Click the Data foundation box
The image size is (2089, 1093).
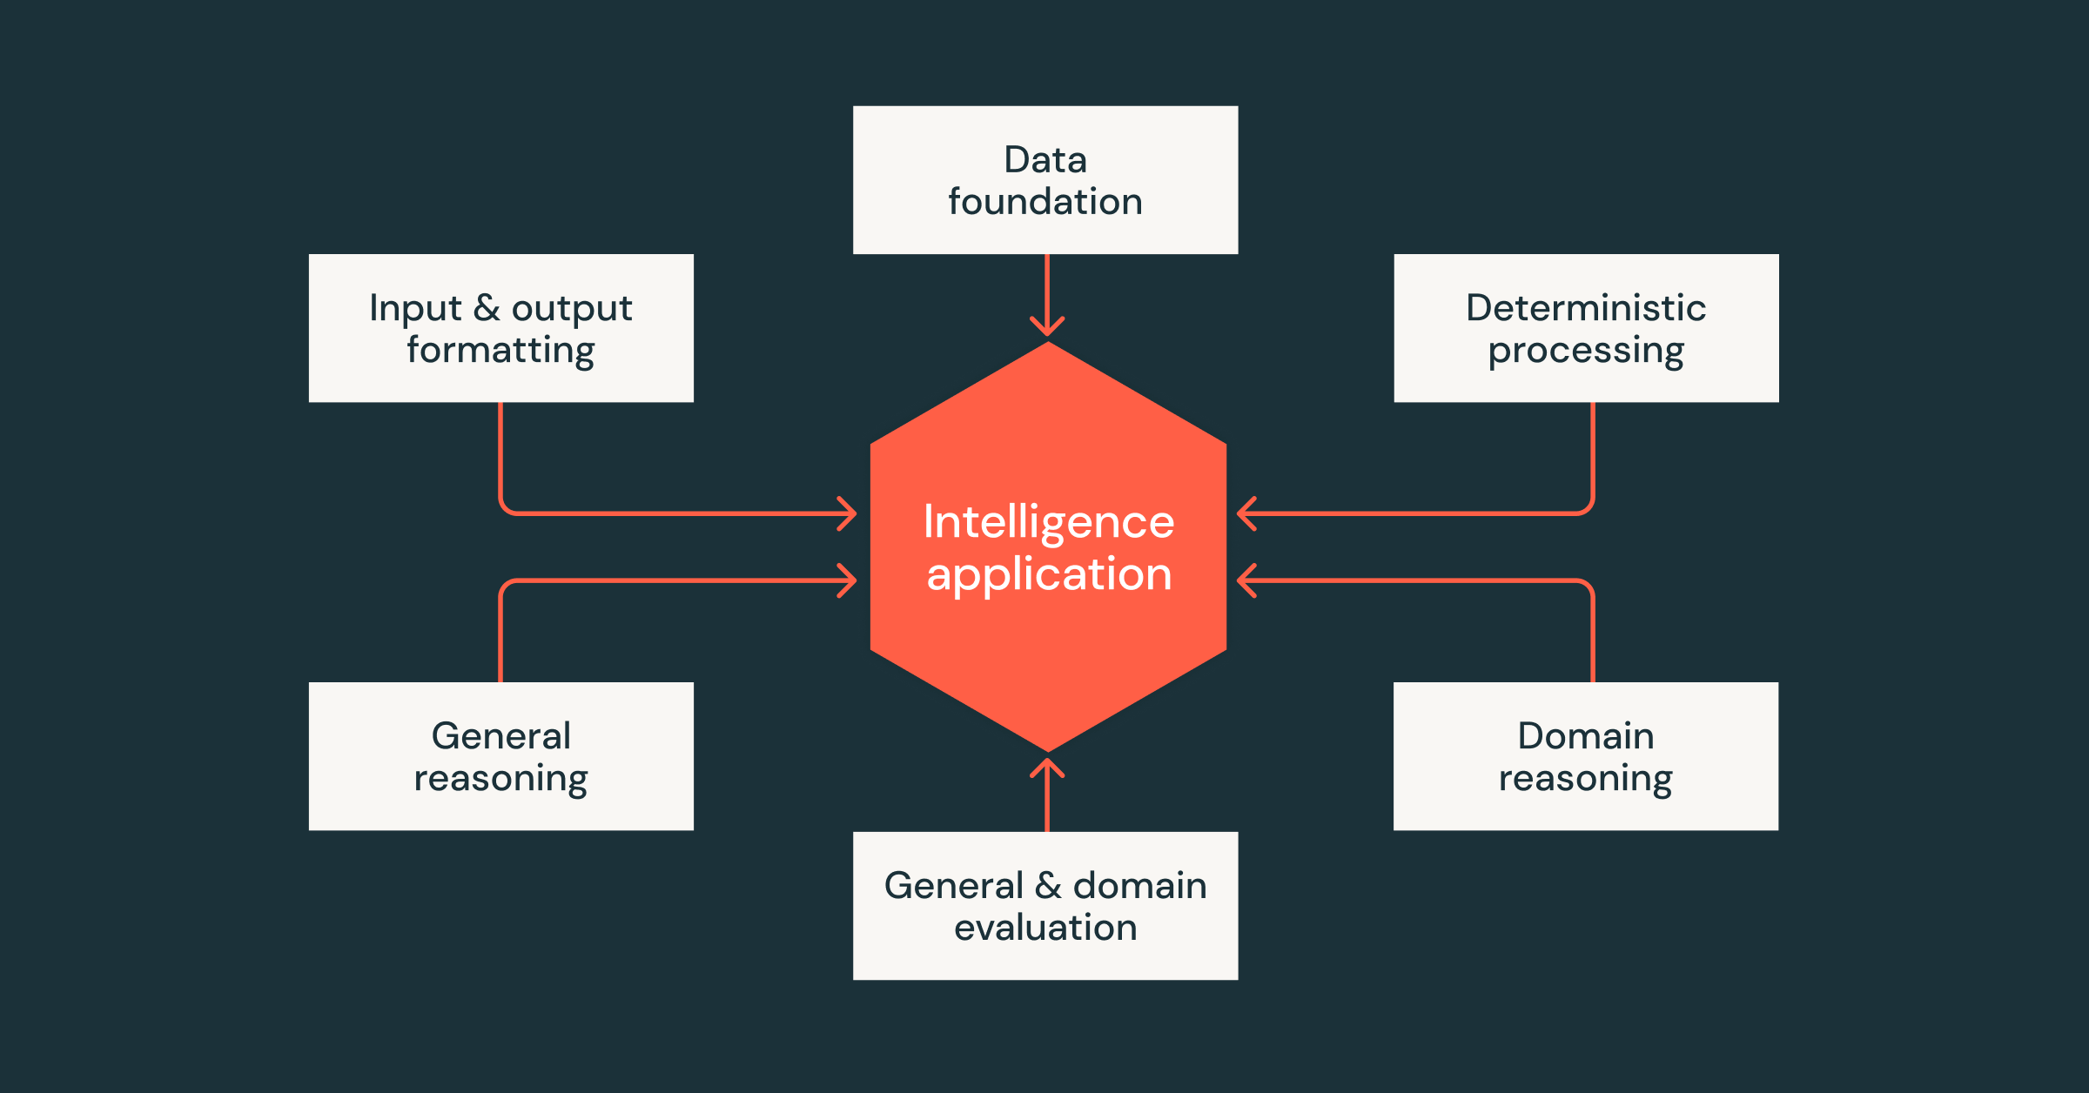point(1044,180)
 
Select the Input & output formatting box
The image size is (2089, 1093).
point(500,328)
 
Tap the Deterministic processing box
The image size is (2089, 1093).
point(1586,328)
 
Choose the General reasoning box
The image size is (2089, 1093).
point(500,756)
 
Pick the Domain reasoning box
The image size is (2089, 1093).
point(1586,756)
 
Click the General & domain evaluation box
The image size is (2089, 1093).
point(1044,906)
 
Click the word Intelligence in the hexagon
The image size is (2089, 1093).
point(1049,522)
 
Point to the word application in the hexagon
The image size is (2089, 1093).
point(1049,574)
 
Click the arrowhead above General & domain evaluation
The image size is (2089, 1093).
point(1047,768)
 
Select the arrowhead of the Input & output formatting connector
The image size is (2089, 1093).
point(847,513)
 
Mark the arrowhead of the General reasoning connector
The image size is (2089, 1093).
point(847,580)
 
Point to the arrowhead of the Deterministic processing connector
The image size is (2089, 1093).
point(1247,513)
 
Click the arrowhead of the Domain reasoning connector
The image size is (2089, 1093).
point(1247,580)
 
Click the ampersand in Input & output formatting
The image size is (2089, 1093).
point(487,308)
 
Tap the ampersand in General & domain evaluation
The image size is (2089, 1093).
point(1048,886)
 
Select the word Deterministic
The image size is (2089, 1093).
point(1586,308)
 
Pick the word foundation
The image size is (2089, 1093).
point(1044,202)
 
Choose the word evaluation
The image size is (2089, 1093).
point(1045,928)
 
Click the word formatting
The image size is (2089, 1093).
point(500,351)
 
